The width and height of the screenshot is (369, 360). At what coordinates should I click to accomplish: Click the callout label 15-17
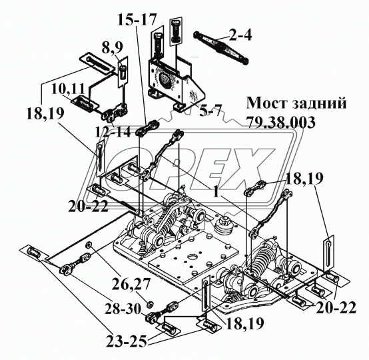point(137,19)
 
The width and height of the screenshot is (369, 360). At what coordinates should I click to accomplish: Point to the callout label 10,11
point(68,89)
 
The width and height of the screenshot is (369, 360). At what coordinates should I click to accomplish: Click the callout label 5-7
point(210,110)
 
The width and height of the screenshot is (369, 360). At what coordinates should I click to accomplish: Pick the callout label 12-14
point(113,131)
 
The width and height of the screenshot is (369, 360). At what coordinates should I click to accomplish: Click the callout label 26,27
point(131,285)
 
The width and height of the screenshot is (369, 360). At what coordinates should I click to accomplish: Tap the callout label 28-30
point(123,309)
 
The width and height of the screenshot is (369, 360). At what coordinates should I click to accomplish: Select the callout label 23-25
point(126,341)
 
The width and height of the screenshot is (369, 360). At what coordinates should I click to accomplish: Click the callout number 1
point(216,192)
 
